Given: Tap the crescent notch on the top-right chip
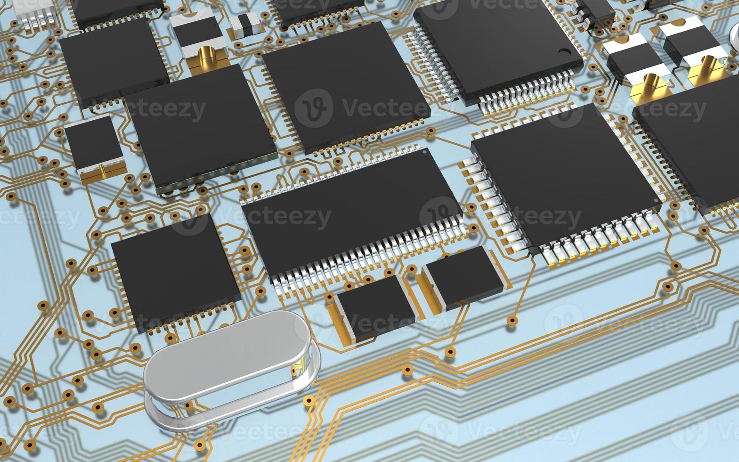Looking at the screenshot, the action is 565,52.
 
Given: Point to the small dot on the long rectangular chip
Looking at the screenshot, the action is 424,152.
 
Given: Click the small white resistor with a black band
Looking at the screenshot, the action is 245,24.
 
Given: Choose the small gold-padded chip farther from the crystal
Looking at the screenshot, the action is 463,277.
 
